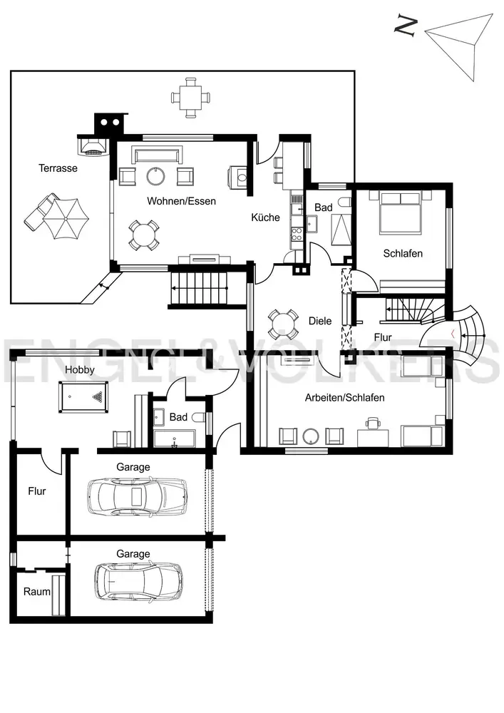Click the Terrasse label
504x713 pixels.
click(58, 168)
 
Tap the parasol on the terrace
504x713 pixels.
click(66, 219)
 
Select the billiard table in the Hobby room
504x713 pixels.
click(83, 397)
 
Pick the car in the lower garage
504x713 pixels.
click(138, 582)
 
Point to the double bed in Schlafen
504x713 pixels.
click(401, 212)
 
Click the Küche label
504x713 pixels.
click(265, 217)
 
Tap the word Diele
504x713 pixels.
click(320, 321)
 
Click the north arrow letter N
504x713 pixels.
click(406, 26)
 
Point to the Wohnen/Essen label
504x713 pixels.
click(181, 201)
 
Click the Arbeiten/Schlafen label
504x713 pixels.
click(344, 398)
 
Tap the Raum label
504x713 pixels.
click(37, 592)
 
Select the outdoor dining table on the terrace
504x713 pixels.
click(191, 98)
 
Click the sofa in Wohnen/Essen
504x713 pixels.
click(157, 155)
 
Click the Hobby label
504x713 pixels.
click(80, 369)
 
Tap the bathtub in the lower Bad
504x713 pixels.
click(175, 438)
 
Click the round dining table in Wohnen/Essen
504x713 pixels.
click(143, 235)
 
